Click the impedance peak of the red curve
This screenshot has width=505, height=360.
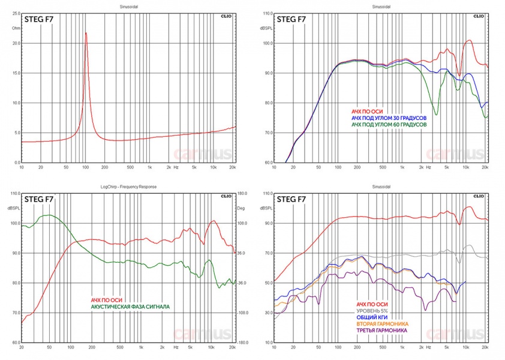click(x=86, y=33)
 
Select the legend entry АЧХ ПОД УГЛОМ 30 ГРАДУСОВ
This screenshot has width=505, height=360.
click(x=389, y=118)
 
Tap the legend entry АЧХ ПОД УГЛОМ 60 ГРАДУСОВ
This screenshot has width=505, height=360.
click(x=389, y=125)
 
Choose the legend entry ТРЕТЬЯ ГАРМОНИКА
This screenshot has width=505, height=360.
click(x=381, y=331)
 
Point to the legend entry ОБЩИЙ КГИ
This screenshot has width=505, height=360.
click(x=372, y=317)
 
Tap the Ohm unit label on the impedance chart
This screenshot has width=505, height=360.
click(x=16, y=27)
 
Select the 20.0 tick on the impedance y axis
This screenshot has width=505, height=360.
click(x=16, y=43)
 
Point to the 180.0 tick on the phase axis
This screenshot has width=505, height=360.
click(x=243, y=193)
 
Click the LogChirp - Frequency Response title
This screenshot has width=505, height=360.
click(x=128, y=187)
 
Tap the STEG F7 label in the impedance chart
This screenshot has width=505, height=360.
click(x=38, y=19)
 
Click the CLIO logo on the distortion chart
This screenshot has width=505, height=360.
click(x=477, y=196)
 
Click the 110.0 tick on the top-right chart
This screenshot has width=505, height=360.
click(x=267, y=13)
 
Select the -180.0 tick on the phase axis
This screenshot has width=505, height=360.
click(x=243, y=343)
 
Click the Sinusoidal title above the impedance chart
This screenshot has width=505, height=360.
click(x=127, y=7)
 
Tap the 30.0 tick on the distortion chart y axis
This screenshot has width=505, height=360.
click(x=267, y=343)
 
